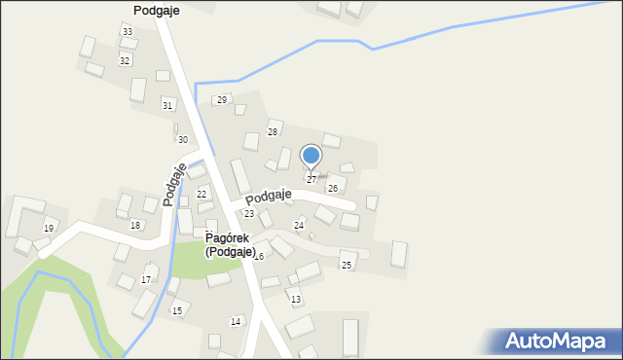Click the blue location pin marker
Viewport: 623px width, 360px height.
tap(311, 157)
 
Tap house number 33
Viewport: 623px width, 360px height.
tap(128, 32)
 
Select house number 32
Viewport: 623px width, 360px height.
tap(125, 60)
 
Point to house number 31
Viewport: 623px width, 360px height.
tap(167, 105)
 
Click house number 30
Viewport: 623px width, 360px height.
tap(182, 140)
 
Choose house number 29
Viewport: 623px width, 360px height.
tap(222, 100)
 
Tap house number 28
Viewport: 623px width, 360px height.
tap(273, 131)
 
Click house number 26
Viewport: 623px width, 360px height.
tap(333, 188)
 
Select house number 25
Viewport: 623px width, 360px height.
tap(347, 265)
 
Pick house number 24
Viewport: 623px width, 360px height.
tap(299, 225)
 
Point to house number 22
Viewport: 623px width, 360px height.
tap(202, 194)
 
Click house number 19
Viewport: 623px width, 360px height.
tap(49, 228)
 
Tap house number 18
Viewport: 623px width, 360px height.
tap(135, 225)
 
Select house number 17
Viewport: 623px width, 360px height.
tap(146, 279)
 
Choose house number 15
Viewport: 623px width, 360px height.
tap(176, 310)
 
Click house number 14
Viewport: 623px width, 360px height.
tap(236, 321)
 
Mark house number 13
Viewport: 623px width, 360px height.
tap(296, 299)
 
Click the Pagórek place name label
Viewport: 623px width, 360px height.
tap(229, 237)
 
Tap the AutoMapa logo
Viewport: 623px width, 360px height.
tap(557, 341)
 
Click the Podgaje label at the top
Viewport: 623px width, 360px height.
tap(156, 9)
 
